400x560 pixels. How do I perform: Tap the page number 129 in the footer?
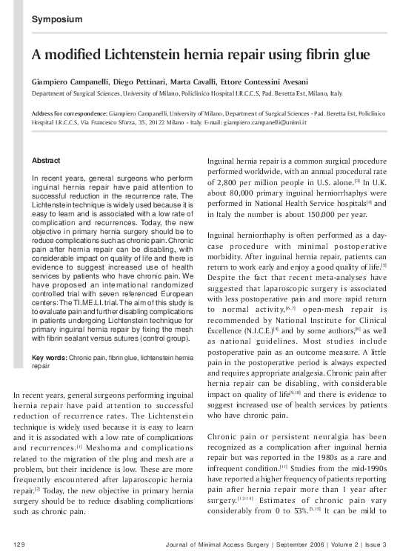pyautogui.click(x=20, y=545)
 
